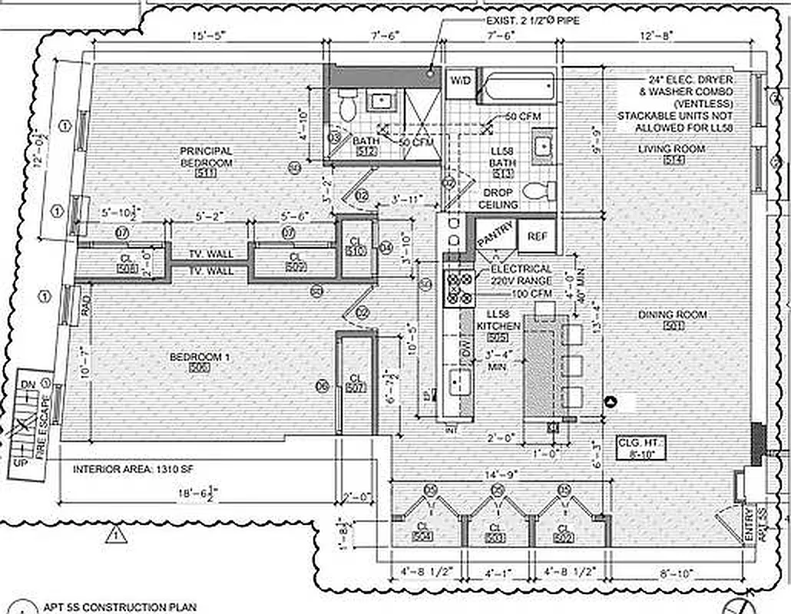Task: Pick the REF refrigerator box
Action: [x=537, y=237]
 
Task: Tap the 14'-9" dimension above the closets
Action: [x=497, y=475]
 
